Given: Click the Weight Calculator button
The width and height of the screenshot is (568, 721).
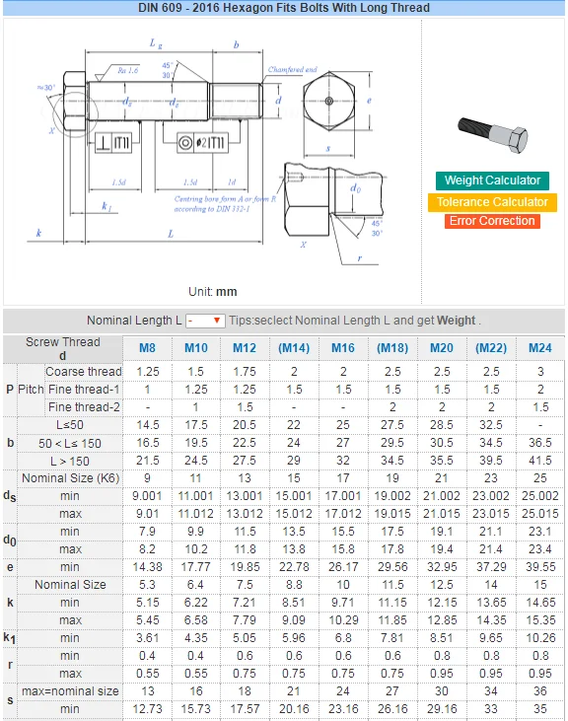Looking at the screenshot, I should point(492,180).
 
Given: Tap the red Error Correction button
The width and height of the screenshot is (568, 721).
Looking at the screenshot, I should point(492,221).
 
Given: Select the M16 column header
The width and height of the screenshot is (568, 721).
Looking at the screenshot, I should point(342,348).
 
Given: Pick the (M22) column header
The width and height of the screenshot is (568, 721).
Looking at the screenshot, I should point(490,348).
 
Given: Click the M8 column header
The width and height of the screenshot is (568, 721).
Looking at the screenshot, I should point(147,348).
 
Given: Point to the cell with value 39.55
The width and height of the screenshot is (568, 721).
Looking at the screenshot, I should point(539,567).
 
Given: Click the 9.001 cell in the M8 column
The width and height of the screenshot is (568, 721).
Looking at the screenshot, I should point(147,496).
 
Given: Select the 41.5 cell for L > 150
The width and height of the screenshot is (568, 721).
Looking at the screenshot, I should point(539,461).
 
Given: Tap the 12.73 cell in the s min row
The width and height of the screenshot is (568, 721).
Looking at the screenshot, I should point(147,709).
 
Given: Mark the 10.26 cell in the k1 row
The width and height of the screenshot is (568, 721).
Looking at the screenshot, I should point(539,638).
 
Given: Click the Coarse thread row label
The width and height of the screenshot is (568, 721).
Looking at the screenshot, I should point(84,372).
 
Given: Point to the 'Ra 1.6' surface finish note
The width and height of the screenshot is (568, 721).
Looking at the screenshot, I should point(127,70).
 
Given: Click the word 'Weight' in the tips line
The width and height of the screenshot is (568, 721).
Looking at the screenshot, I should point(456,321).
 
